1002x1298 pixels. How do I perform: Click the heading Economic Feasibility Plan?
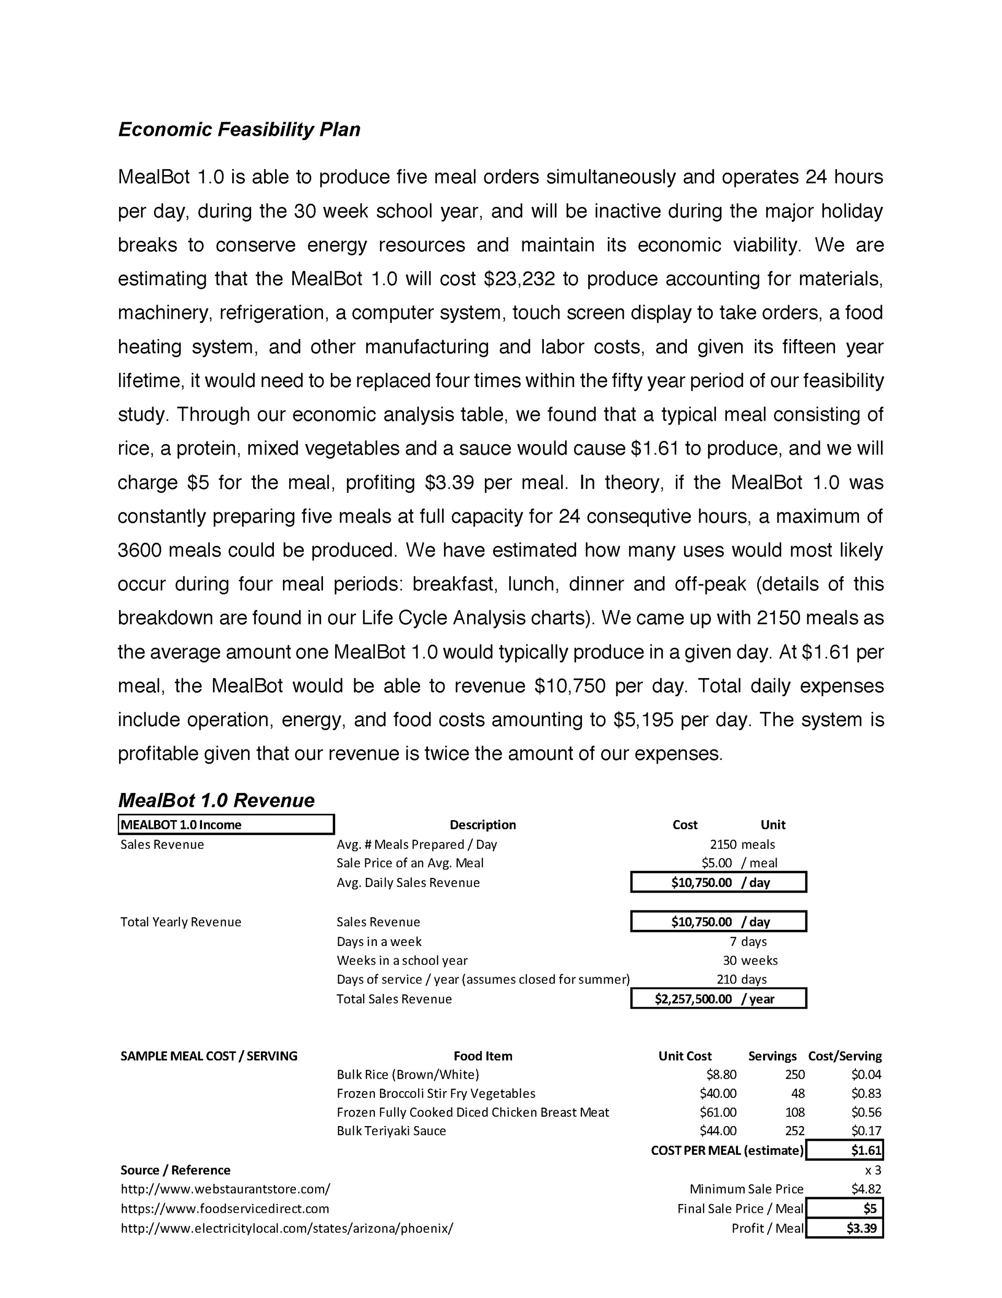coord(239,130)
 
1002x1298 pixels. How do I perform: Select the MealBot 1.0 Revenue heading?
coord(216,800)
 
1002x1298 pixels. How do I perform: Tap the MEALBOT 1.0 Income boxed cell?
coord(225,824)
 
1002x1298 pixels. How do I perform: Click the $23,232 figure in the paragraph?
coord(519,279)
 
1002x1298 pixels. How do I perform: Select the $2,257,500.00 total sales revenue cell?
coord(693,999)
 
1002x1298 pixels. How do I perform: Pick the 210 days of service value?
coord(726,979)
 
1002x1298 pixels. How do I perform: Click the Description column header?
coord(482,824)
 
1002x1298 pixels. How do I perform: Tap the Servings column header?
coord(772,1056)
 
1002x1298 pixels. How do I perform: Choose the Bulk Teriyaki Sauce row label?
coord(391,1130)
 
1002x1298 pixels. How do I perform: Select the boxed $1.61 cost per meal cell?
coord(865,1150)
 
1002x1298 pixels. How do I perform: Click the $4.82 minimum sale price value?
coord(866,1189)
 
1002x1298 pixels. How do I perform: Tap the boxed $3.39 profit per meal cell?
coord(861,1228)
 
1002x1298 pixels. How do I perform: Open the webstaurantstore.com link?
coord(225,1189)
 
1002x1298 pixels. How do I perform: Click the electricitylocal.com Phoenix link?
coord(287,1228)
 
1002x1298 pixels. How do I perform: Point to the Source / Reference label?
coord(175,1170)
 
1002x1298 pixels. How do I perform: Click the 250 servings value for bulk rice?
coord(795,1074)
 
